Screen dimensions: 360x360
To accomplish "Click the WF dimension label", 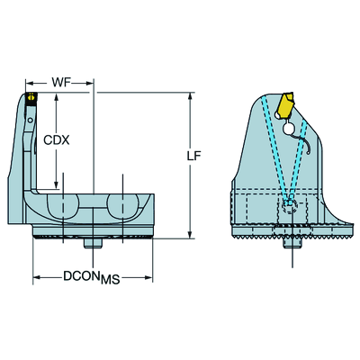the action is click(x=61, y=82).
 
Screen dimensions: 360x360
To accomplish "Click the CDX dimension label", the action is click(x=57, y=139).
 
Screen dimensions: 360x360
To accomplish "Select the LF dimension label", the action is click(x=193, y=156).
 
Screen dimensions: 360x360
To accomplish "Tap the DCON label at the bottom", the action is click(x=81, y=275).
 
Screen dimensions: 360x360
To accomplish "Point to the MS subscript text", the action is click(x=111, y=280).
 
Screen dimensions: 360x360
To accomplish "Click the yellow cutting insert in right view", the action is click(x=285, y=106).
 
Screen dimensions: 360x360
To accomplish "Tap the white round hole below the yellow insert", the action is click(x=289, y=129).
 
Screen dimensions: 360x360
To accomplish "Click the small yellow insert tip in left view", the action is click(x=31, y=96).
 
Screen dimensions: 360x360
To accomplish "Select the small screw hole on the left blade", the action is click(x=30, y=121).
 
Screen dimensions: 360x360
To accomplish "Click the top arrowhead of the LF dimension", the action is click(x=190, y=96).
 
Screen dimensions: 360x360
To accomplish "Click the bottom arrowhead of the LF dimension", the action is click(x=190, y=235).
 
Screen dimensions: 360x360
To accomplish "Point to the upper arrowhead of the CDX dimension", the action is click(x=56, y=96).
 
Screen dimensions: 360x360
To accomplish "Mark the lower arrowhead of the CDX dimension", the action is click(x=56, y=185).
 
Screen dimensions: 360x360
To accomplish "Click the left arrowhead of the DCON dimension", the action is click(x=37, y=277).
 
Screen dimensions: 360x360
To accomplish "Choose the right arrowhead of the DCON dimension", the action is click(x=148, y=277).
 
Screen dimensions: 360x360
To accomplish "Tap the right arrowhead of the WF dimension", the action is click(x=90, y=83).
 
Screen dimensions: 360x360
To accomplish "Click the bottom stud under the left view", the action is click(x=93, y=243).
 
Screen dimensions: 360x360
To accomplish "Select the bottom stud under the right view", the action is click(x=292, y=242).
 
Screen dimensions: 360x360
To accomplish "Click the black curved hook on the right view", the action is click(x=304, y=143).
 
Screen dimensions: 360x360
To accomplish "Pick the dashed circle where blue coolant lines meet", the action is click(x=290, y=206).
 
